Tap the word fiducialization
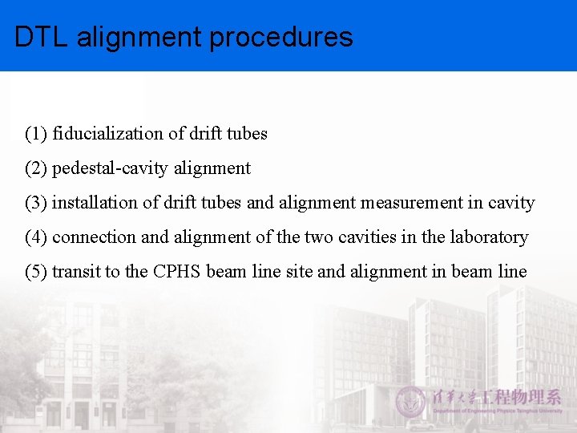point(102,134)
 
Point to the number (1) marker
point(36,134)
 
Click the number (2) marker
point(36,168)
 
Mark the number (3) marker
point(36,203)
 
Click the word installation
point(94,203)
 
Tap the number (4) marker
point(36,237)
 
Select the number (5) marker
point(36,272)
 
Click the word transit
point(75,272)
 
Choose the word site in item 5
point(300,272)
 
